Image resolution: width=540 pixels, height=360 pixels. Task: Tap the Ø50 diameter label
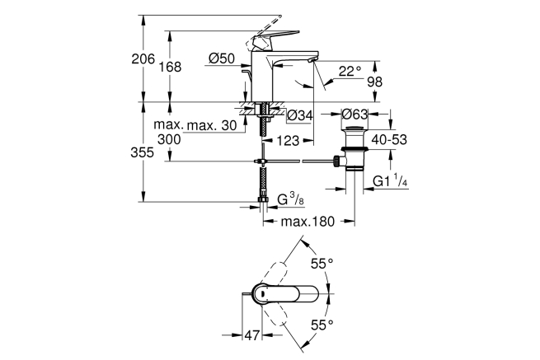point(222,58)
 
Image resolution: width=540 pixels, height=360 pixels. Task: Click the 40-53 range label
point(388,141)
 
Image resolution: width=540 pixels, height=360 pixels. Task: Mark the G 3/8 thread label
point(289,199)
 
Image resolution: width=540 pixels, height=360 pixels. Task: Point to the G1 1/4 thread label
point(392,181)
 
